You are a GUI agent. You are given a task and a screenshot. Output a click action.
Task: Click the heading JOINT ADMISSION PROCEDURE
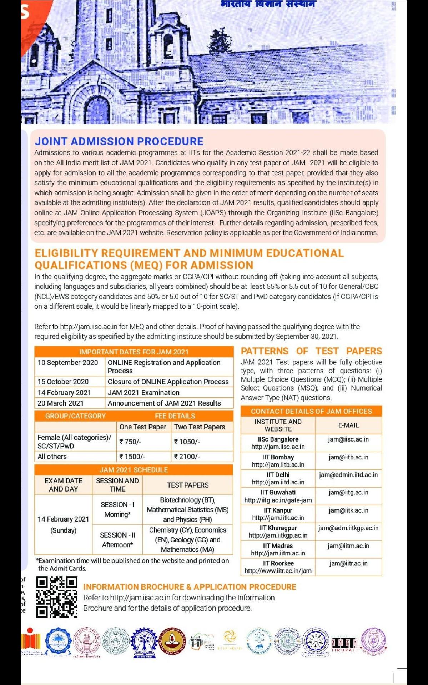119,141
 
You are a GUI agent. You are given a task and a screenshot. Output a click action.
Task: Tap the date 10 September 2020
67,363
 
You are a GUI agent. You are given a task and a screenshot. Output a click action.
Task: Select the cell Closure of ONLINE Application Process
168,382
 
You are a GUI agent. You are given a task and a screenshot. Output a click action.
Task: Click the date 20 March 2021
60,403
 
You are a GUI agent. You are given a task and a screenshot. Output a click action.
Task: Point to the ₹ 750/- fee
130,442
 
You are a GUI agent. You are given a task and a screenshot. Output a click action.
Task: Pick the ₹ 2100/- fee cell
187,457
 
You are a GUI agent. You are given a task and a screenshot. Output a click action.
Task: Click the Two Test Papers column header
200,427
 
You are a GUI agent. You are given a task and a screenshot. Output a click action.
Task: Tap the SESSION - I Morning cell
117,509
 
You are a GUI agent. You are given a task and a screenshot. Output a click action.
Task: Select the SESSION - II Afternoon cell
117,540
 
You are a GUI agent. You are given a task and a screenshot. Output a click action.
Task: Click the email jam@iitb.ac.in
348,457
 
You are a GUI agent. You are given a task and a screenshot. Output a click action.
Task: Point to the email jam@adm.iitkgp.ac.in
348,528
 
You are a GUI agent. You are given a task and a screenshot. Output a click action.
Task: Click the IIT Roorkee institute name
278,563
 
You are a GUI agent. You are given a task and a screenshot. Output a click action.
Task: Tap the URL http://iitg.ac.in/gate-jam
278,500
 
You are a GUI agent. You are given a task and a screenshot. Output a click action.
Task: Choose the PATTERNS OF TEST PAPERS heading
311,351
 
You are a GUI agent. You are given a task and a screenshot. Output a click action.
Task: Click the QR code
57,597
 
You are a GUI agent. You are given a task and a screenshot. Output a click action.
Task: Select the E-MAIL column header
348,425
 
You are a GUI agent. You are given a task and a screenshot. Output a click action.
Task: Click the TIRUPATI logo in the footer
344,645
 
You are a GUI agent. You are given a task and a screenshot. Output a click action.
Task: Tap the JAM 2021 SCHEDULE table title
134,470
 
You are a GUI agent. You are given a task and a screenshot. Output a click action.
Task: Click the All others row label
52,457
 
